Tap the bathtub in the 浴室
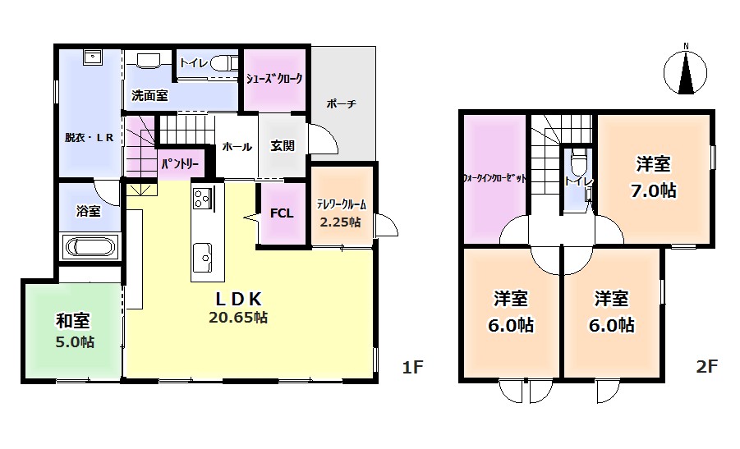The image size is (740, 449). click(x=90, y=247)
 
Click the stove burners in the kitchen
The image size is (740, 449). click(x=203, y=198)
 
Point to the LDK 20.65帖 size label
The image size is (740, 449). click(x=238, y=318)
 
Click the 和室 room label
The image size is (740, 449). click(x=73, y=321)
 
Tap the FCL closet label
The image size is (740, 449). click(x=282, y=213)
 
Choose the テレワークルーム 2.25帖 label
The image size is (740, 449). click(x=341, y=213)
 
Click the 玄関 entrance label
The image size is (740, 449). click(x=283, y=146)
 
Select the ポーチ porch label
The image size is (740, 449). click(x=341, y=103)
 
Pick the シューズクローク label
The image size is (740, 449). click(x=274, y=78)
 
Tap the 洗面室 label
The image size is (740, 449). click(x=149, y=96)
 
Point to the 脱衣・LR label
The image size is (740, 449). click(x=90, y=138)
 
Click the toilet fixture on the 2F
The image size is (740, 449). click(x=577, y=163)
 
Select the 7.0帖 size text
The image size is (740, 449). click(x=654, y=190)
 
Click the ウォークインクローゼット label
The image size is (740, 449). click(x=494, y=179)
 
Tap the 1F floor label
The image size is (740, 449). click(x=412, y=367)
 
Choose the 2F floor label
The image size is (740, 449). click(x=706, y=366)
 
